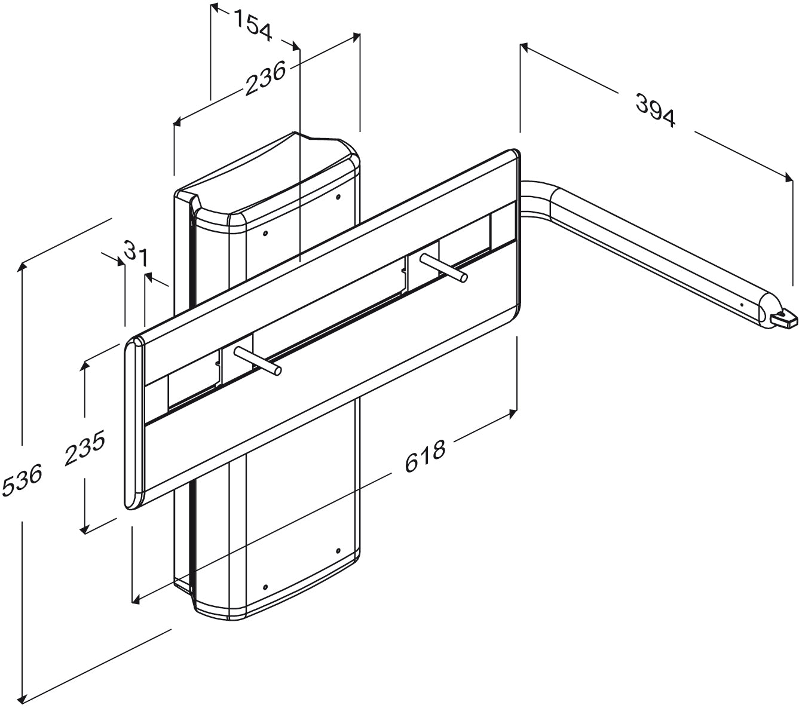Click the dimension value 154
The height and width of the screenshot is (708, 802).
[x=253, y=25]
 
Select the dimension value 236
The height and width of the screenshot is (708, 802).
[x=265, y=78]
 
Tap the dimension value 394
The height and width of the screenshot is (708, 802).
[x=655, y=109]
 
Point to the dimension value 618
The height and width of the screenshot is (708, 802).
[x=425, y=456]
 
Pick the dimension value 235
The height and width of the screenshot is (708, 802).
[x=85, y=447]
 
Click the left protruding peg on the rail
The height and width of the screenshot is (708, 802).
[x=258, y=359]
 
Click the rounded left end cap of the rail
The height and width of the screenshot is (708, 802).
[x=134, y=423]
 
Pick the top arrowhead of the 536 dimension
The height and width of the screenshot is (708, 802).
[x=23, y=267]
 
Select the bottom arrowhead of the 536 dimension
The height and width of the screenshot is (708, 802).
[x=23, y=698]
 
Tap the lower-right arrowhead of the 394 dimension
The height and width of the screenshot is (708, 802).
[x=788, y=177]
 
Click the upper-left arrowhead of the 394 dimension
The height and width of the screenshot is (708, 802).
[x=525, y=47]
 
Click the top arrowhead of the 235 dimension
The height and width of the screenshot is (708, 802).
[x=84, y=366]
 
